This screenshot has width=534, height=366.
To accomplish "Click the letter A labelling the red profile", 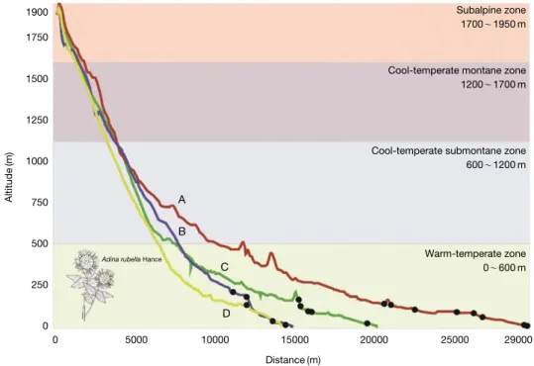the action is point(182,200).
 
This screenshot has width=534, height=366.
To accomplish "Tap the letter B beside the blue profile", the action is point(182,231).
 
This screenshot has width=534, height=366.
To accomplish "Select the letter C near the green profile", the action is point(224,267).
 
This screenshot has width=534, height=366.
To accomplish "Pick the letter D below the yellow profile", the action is point(226,314).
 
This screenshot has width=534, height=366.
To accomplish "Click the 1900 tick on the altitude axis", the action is point(37,12).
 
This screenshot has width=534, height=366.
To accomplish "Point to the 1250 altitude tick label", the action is point(37,120).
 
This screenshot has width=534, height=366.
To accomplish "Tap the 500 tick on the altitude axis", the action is point(41,243).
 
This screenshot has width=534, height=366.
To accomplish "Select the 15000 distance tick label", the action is point(295,340).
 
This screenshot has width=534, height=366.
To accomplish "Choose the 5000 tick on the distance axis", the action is point(135,340).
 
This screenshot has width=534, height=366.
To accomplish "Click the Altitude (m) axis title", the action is point(9,177).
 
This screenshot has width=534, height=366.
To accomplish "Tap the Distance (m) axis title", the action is point(293,359).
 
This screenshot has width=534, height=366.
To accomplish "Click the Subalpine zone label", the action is point(491,10).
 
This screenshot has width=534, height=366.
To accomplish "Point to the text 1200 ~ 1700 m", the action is point(493,84).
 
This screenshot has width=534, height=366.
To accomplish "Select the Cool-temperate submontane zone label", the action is point(449,150).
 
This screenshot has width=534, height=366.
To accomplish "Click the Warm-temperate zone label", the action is point(476,254).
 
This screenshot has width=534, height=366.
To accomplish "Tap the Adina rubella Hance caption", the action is point(132,259).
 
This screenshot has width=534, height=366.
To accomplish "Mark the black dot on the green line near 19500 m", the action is point(368,323).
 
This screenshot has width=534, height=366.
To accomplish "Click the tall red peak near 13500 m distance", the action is point(271,253).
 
